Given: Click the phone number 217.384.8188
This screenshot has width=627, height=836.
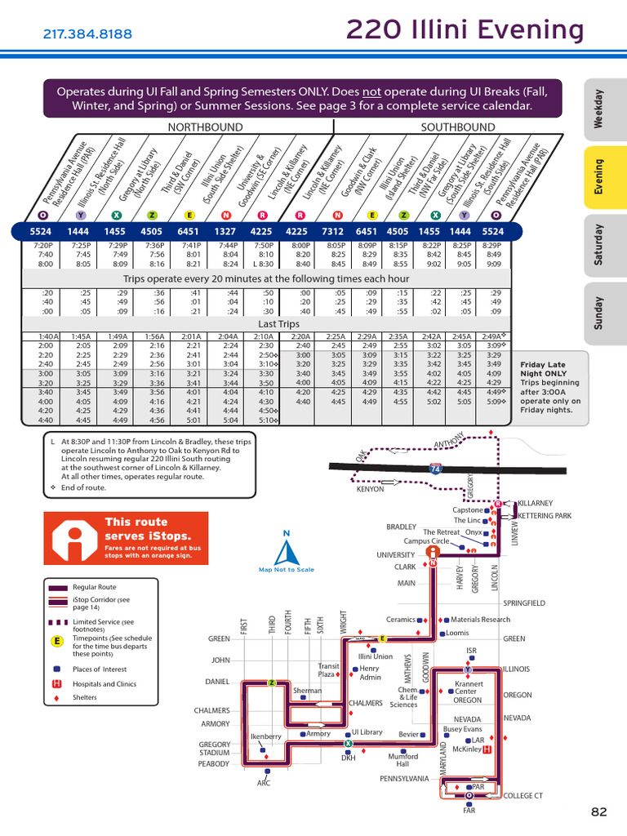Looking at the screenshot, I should pyautogui.click(x=87, y=34).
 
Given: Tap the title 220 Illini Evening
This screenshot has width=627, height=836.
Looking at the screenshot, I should pyautogui.click(x=465, y=31).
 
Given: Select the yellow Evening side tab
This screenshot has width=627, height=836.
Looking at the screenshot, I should pyautogui.click(x=598, y=177).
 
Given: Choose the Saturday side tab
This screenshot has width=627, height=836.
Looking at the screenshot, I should pyautogui.click(x=598, y=243).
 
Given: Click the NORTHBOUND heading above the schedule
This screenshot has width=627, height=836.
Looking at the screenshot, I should pyautogui.click(x=205, y=127).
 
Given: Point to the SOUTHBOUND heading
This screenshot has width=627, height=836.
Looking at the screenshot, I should pyautogui.click(x=457, y=127).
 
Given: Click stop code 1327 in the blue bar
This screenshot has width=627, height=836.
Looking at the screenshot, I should pyautogui.click(x=226, y=231).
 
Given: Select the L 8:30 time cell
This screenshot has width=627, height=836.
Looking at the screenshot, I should pyautogui.click(x=263, y=264).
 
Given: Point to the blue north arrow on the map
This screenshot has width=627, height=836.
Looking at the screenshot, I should pyautogui.click(x=286, y=552).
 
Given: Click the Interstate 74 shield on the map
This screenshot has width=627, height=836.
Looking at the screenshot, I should pyautogui.click(x=436, y=470).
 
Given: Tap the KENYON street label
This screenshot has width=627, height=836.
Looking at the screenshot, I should pyautogui.click(x=370, y=489).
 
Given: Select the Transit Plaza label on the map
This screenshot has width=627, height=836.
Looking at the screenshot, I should pyautogui.click(x=328, y=670).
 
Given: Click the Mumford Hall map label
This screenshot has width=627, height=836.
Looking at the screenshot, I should pyautogui.click(x=402, y=760).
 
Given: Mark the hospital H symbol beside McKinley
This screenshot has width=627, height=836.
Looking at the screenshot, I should pyautogui.click(x=487, y=749).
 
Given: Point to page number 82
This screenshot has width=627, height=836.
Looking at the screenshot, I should pyautogui.click(x=599, y=812).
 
